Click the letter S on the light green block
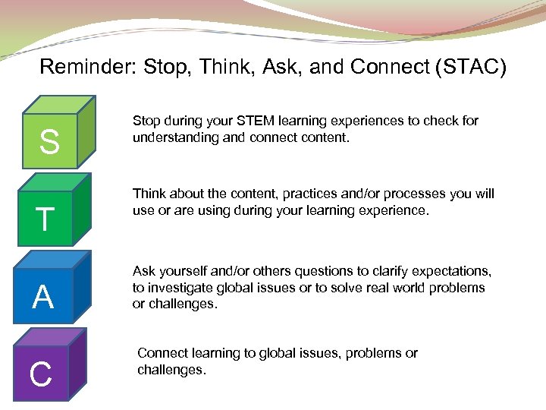(49, 142)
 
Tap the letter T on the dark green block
(45, 219)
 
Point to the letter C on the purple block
(40, 374)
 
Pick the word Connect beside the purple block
(162, 353)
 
